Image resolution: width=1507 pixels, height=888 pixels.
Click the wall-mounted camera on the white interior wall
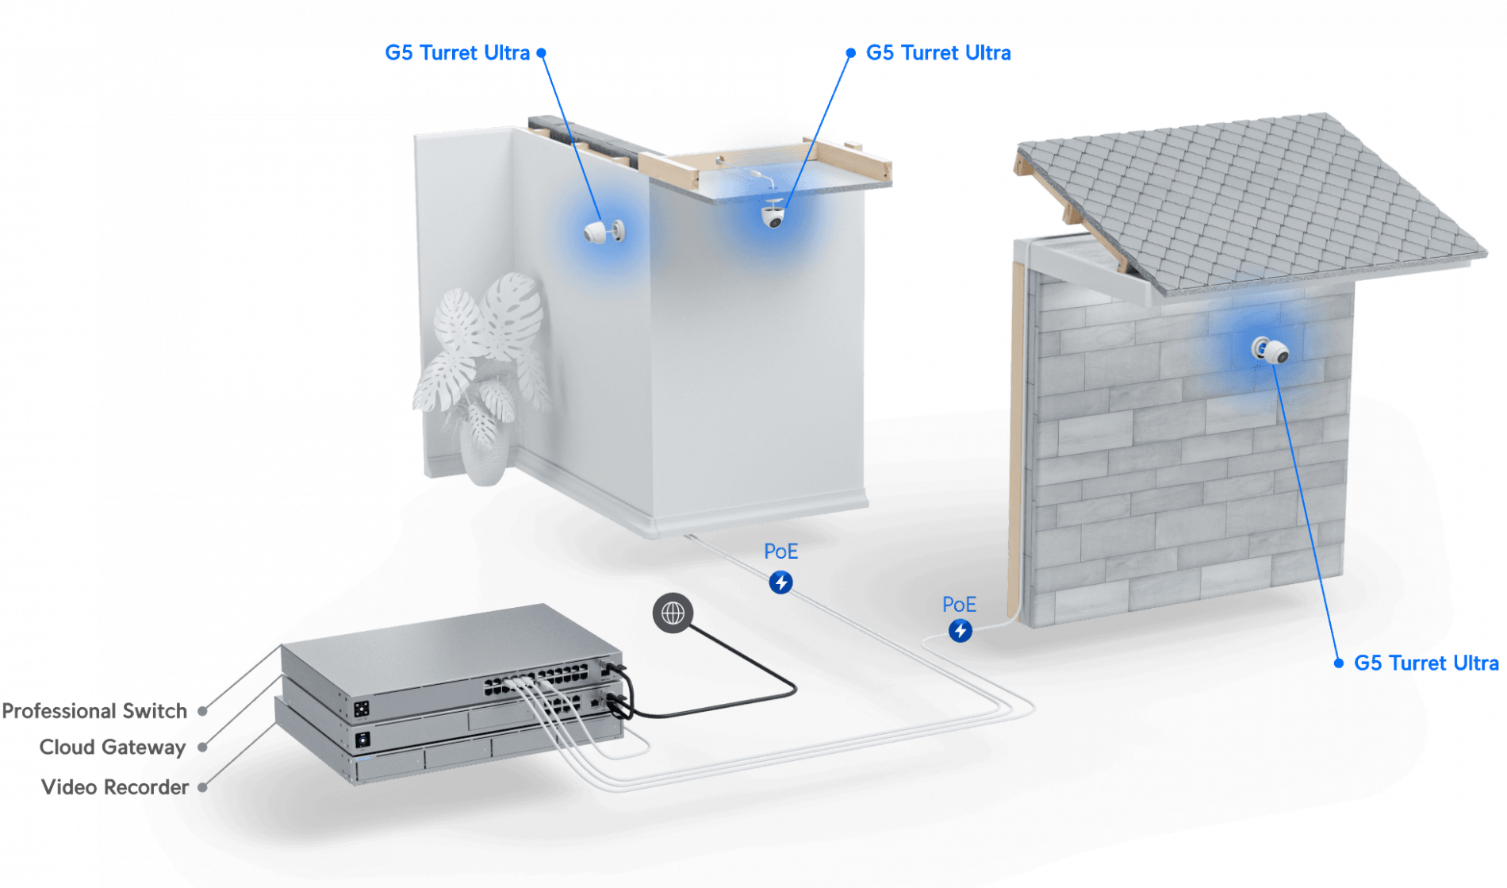coord(604,232)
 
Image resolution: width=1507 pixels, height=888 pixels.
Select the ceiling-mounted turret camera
coord(773,214)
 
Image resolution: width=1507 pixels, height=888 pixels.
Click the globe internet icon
coord(673,613)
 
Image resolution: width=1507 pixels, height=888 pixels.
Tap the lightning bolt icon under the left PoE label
coord(781,582)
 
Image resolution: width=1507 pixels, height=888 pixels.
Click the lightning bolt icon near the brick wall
coord(961,631)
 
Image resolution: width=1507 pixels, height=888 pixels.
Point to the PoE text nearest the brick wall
coord(959,605)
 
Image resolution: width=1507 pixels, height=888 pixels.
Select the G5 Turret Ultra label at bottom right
coord(1426,663)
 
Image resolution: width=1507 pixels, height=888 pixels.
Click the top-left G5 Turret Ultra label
coord(457,53)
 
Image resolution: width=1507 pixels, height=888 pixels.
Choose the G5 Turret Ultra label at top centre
coord(938,53)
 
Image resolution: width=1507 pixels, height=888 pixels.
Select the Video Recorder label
coord(113,786)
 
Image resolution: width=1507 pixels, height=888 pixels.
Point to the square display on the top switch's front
coord(361,708)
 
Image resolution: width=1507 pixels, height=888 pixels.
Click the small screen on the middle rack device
coord(363,740)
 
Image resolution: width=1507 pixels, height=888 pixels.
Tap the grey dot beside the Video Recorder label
coord(203,787)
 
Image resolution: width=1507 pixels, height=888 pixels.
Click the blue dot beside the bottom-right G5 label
coord(1339,663)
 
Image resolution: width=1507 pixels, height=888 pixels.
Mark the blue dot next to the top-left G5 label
coord(542,53)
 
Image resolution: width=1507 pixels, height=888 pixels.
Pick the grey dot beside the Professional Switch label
coord(203,711)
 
